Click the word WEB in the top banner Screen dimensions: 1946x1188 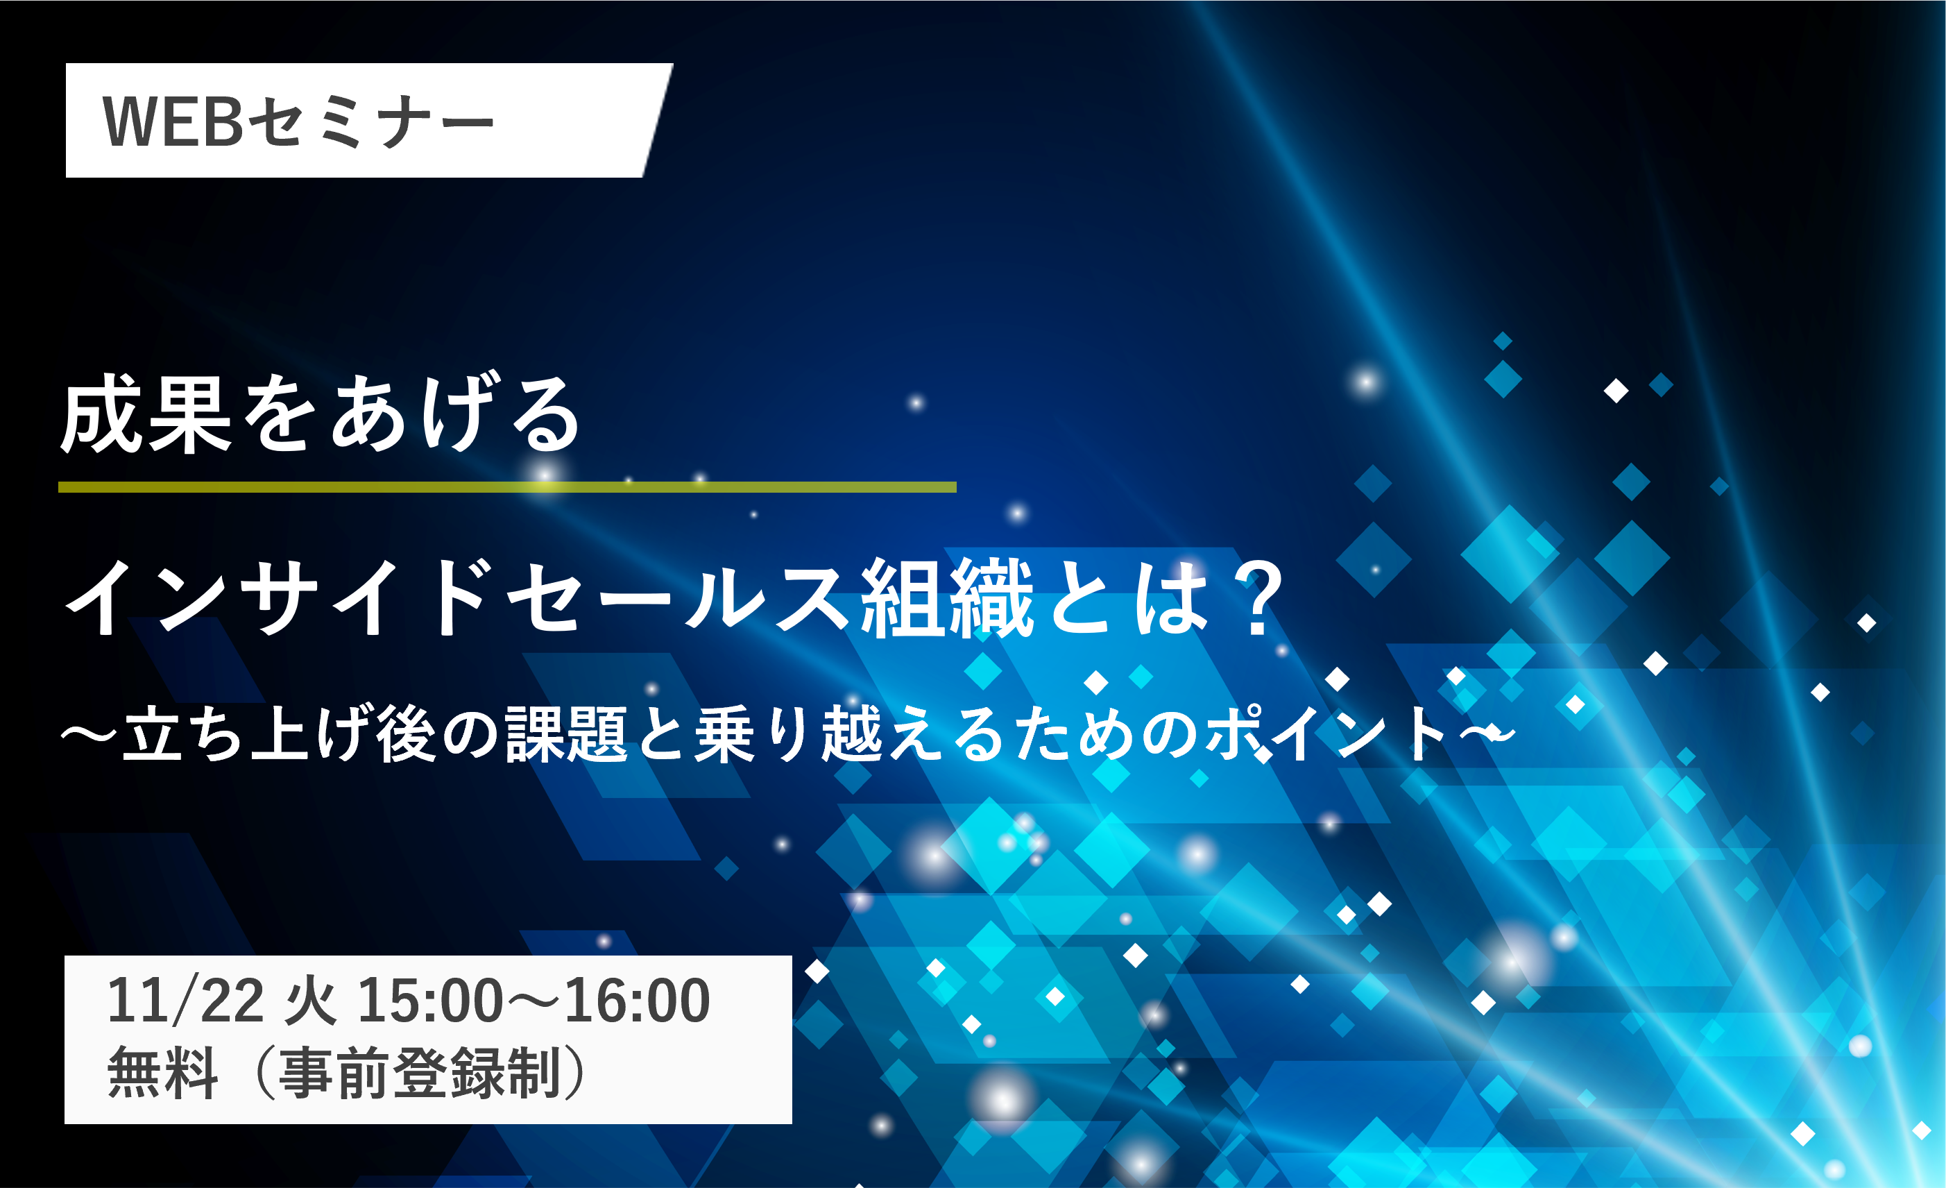173,121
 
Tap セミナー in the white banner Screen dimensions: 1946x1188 371,122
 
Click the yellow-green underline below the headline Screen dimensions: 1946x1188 507,487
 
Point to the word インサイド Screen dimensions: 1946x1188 280,597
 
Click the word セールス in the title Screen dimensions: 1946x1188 678,597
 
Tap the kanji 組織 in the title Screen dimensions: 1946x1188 946,597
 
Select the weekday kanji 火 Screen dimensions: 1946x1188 310,1001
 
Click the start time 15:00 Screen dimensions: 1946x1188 430,1001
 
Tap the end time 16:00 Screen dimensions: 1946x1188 638,1001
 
